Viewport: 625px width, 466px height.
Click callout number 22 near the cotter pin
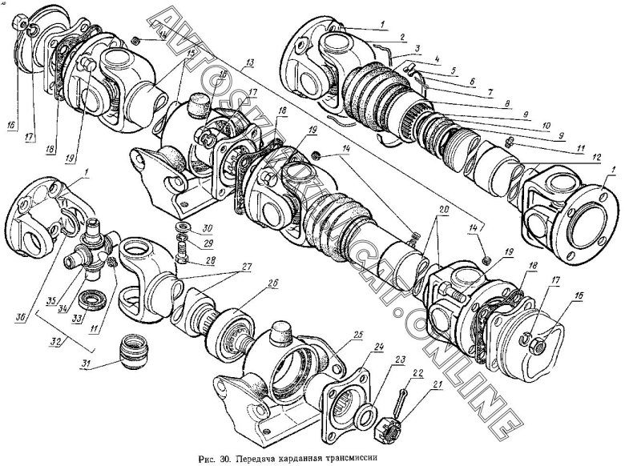coord(416,372)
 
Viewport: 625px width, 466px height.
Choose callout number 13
coord(251,62)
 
